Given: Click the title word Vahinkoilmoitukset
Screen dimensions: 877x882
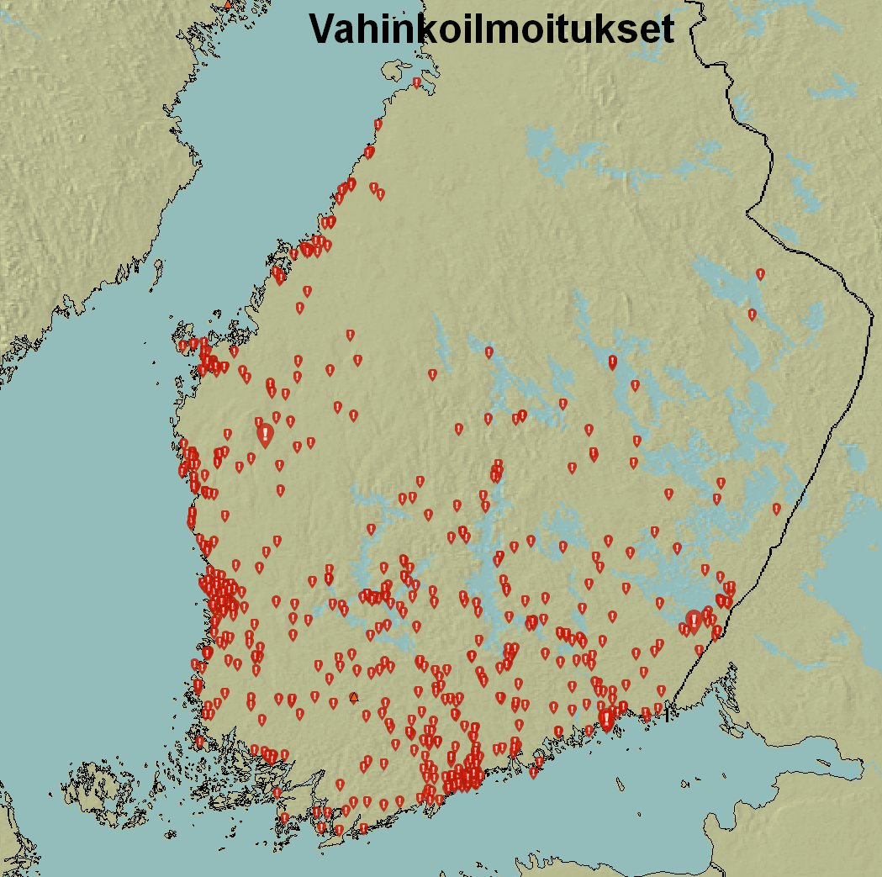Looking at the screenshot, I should click(491, 29).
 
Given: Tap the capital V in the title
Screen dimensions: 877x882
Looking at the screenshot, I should click(324, 29).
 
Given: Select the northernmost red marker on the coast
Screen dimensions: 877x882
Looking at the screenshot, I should click(416, 82).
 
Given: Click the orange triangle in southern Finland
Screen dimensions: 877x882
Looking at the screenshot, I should click(353, 697).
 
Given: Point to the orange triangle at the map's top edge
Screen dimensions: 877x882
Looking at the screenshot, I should click(226, 5).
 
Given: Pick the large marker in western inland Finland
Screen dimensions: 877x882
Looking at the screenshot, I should click(265, 435).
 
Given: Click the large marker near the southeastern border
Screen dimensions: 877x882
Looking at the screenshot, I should click(694, 621).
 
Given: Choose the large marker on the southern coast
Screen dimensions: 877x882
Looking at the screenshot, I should click(606, 719).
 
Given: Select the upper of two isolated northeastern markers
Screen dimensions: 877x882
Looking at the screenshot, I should click(760, 274).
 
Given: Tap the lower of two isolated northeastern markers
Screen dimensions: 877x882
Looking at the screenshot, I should click(752, 314).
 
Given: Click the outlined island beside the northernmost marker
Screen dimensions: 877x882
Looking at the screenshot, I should click(395, 71).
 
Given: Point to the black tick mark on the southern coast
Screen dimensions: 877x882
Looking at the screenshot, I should click(667, 715).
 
